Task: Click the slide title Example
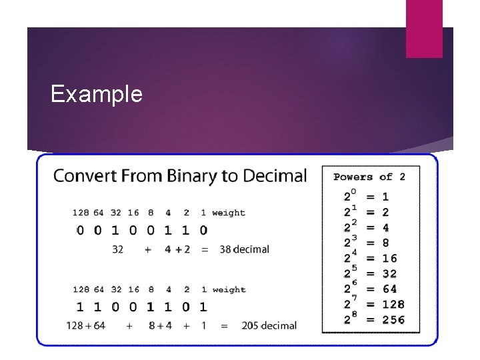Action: pyautogui.click(x=97, y=94)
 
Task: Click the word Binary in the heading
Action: pyautogui.click(x=193, y=176)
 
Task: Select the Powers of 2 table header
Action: pyautogui.click(x=369, y=177)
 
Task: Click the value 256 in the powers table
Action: pyautogui.click(x=393, y=320)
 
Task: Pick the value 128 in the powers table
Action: pyautogui.click(x=393, y=305)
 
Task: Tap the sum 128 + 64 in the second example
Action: pyautogui.click(x=86, y=325)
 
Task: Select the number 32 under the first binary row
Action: pyautogui.click(x=117, y=249)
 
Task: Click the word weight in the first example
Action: pyautogui.click(x=229, y=213)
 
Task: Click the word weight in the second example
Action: pyautogui.click(x=229, y=290)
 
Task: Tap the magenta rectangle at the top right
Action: pyautogui.click(x=424, y=29)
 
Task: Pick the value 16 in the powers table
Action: pyautogui.click(x=389, y=258)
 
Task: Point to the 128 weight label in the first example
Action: pyautogui.click(x=81, y=213)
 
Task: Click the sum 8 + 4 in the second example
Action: pyautogui.click(x=159, y=325)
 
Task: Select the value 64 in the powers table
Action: pyautogui.click(x=389, y=289)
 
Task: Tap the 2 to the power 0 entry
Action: pyautogui.click(x=350, y=196)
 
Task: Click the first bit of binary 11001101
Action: pyautogui.click(x=81, y=307)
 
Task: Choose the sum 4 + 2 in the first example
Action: pyautogui.click(x=177, y=249)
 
